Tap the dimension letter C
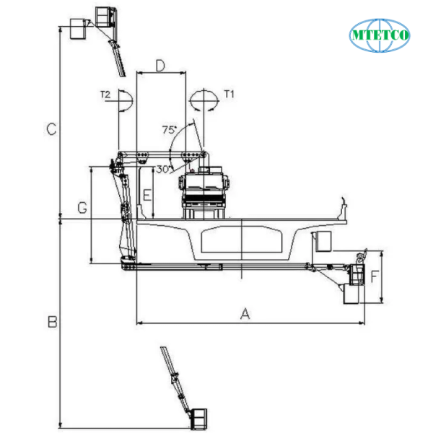tap(51, 129)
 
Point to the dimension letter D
tap(161, 66)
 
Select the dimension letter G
tap(82, 208)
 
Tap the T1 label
tap(229, 95)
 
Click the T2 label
tap(105, 95)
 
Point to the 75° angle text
tap(169, 130)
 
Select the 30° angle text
tap(162, 169)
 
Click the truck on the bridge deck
tap(205, 191)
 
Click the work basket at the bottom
tap(198, 419)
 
